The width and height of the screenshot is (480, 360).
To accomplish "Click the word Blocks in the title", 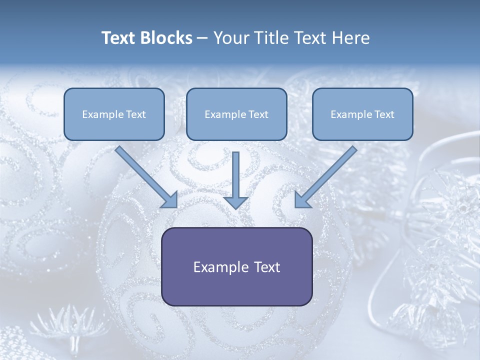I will (x=167, y=38).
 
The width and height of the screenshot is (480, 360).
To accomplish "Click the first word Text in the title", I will (x=119, y=38).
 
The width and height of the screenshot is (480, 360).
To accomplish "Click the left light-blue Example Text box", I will (x=114, y=114).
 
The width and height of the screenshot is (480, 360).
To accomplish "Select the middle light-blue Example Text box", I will (x=236, y=114).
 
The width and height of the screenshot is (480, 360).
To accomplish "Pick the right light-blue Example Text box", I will (x=362, y=114).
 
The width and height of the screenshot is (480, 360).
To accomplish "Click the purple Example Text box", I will (x=236, y=266).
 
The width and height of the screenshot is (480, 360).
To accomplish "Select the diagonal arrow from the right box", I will (x=327, y=175).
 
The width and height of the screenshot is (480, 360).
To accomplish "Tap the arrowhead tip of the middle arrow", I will (x=236, y=207).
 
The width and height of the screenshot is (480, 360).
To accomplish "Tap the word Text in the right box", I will (x=384, y=114).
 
